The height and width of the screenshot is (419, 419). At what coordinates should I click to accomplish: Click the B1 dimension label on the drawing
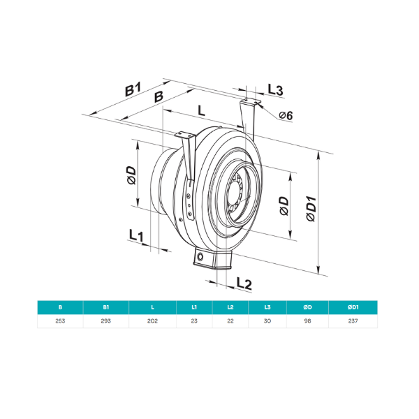click(133, 89)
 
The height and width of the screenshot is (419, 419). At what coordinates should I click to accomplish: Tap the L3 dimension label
click(275, 90)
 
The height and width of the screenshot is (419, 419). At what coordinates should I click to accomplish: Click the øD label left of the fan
click(131, 176)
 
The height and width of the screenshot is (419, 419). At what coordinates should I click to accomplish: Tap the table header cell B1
click(106, 307)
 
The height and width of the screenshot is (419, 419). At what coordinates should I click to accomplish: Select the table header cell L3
click(267, 307)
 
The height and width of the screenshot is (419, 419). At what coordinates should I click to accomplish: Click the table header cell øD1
click(352, 307)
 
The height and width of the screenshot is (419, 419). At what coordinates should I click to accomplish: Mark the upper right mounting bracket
click(249, 115)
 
